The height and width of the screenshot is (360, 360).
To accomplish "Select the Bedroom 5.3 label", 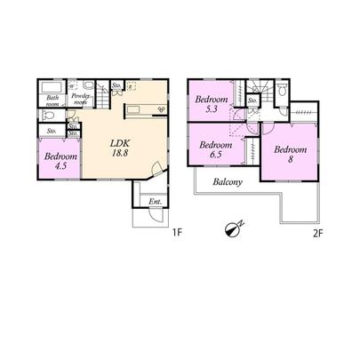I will tap(211, 104).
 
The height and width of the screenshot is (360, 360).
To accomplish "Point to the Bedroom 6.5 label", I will tap(216, 150).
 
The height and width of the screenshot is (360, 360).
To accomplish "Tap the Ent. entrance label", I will tap(155, 201).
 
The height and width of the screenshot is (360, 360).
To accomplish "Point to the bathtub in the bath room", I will tap(50, 88).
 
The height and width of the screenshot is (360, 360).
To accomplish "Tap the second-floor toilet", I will tap(283, 91).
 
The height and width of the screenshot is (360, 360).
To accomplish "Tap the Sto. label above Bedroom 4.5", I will tap(51, 132).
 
